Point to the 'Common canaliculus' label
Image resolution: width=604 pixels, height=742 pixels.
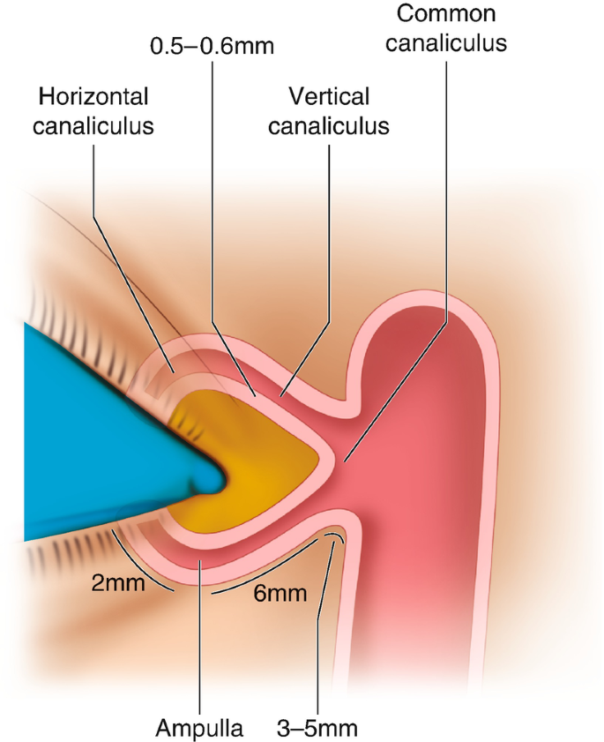[446, 27]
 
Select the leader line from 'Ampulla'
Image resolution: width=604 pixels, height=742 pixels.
[201, 635]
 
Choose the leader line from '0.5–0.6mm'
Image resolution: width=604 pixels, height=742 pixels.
[212, 221]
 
